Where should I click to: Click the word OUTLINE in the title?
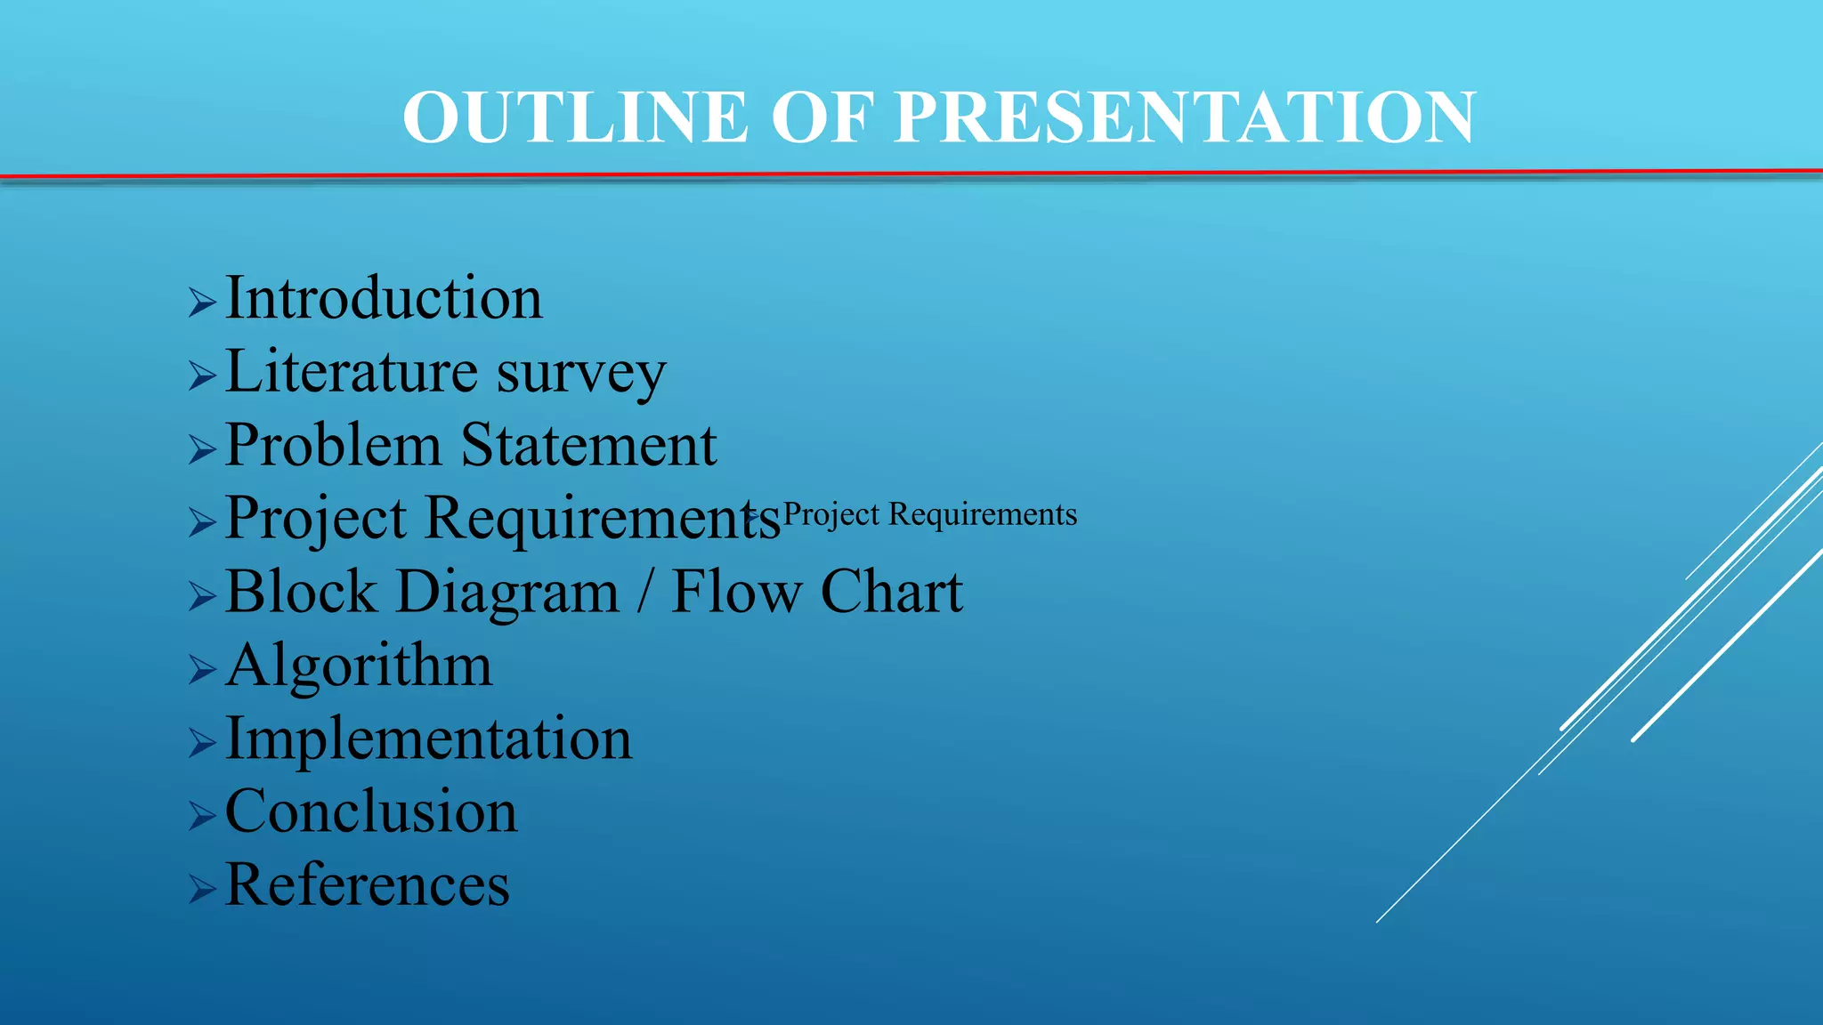[x=575, y=117]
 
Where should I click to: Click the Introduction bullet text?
[x=384, y=298]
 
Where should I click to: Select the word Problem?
[x=333, y=445]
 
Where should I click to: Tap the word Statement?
[x=588, y=445]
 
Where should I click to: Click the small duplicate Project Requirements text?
[x=929, y=514]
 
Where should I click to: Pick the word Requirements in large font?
[x=603, y=519]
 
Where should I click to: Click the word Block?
[x=301, y=592]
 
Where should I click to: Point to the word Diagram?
[x=507, y=593]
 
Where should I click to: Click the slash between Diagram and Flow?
[x=644, y=592]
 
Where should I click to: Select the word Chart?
[x=891, y=592]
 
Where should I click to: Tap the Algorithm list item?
[x=359, y=666]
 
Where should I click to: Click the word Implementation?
[x=428, y=738]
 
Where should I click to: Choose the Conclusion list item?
[x=371, y=811]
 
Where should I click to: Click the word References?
[x=368, y=885]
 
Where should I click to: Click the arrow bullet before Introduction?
[x=202, y=303]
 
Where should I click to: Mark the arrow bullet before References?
[x=202, y=889]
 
